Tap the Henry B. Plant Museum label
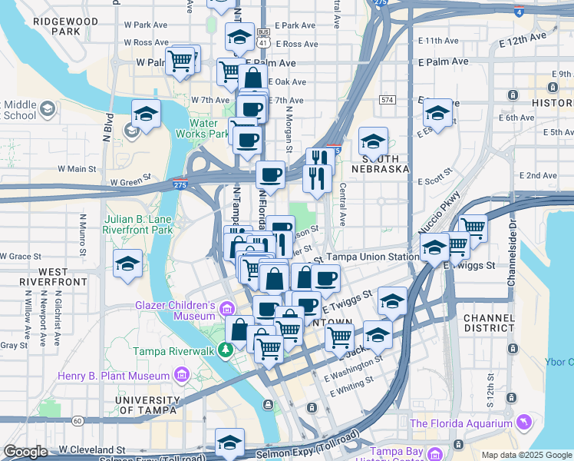click(114, 376)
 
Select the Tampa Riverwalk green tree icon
click(225, 351)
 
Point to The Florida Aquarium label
click(461, 423)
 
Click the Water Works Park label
click(209, 128)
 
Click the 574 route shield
click(387, 100)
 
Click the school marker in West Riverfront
click(127, 264)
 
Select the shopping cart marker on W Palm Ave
click(181, 61)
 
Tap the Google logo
click(26, 453)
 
